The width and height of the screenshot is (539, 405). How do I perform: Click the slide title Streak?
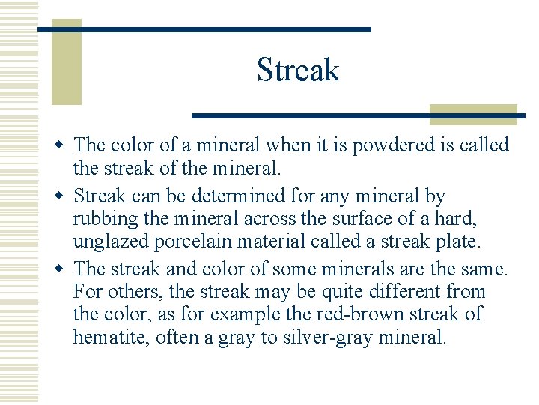pos(297,70)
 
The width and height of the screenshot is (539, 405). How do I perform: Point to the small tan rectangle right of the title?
pos(473,113)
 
